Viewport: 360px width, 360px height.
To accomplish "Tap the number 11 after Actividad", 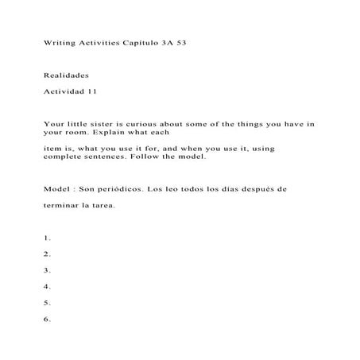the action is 92,91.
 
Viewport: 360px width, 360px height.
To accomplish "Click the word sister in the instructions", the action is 108,123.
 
